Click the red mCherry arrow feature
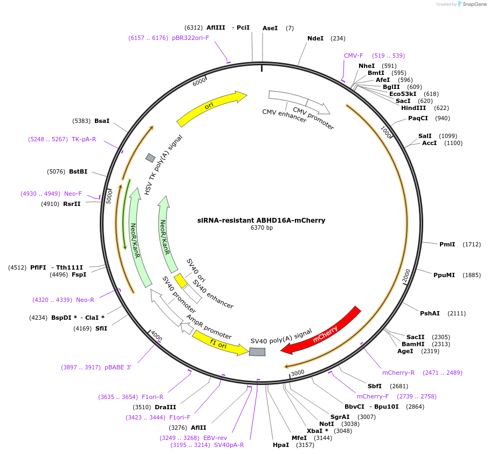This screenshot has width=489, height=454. (x=323, y=332)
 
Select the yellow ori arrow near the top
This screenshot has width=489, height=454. (x=210, y=107)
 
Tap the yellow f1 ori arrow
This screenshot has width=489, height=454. (x=218, y=344)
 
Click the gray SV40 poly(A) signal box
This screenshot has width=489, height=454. (x=257, y=352)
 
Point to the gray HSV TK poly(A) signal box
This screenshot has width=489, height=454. (x=150, y=157)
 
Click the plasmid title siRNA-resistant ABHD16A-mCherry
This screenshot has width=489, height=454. (x=261, y=220)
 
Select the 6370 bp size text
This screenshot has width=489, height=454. (x=261, y=228)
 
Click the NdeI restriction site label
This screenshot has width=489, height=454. (x=315, y=38)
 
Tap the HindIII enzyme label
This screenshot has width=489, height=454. (x=414, y=108)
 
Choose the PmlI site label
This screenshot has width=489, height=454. (x=447, y=244)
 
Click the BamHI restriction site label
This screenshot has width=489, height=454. (x=413, y=344)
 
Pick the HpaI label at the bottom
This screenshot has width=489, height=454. (x=280, y=445)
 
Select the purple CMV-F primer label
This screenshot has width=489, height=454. (x=354, y=56)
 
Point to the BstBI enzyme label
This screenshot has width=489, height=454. (x=78, y=171)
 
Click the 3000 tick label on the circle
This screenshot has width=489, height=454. (x=298, y=372)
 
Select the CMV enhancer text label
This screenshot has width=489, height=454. (x=284, y=115)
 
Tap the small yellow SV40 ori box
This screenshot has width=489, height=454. (x=181, y=280)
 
